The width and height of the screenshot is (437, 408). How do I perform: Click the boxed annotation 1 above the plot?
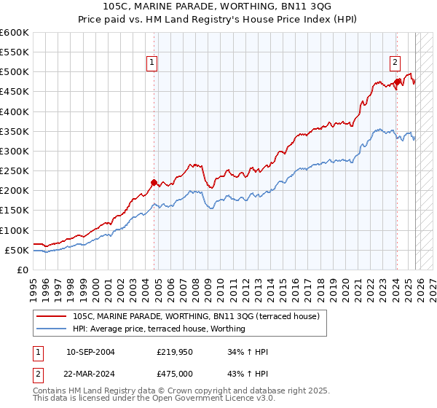(153, 63)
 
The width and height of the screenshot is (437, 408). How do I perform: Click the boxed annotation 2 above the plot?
(395, 63)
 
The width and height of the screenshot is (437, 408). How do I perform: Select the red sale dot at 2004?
(154, 183)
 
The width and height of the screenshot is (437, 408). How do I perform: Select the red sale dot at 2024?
(397, 82)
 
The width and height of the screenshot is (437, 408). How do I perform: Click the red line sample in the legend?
(52, 316)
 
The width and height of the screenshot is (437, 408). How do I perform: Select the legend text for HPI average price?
(159, 329)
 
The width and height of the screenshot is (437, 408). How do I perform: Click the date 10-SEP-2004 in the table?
(90, 352)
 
